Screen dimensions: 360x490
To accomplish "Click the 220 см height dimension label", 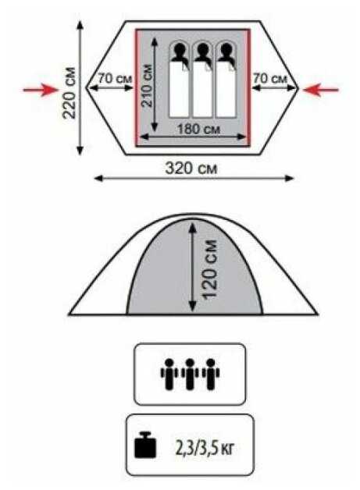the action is click(70, 93).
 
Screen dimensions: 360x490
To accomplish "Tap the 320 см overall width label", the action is click(191, 169).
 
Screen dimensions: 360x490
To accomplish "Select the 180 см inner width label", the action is click(198, 129).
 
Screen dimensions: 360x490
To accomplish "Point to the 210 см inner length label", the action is click(147, 85).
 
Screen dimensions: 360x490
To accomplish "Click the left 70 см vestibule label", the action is click(115, 79).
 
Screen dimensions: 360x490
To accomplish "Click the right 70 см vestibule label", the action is click(270, 78).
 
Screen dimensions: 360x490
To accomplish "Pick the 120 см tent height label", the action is click(210, 269).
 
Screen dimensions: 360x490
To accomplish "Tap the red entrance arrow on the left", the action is click(41, 90).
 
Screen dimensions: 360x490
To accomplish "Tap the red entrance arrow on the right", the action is click(321, 90).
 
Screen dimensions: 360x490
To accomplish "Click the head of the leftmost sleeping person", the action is click(179, 49).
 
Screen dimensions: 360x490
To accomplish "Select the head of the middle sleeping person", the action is click(203, 49).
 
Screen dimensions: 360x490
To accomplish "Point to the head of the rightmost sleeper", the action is click(226, 49).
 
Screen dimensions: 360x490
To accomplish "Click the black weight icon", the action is click(145, 445).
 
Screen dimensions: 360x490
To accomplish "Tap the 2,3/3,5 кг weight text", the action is click(205, 449).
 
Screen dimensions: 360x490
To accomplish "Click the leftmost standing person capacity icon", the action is click(169, 374).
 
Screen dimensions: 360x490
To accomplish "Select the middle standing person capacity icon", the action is click(190, 374).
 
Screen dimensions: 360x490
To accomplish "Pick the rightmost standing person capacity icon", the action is click(211, 374).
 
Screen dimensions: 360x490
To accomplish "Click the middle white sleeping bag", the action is click(203, 88).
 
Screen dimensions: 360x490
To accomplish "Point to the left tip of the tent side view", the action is click(70, 314).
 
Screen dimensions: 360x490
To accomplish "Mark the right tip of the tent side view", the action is click(317, 314).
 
